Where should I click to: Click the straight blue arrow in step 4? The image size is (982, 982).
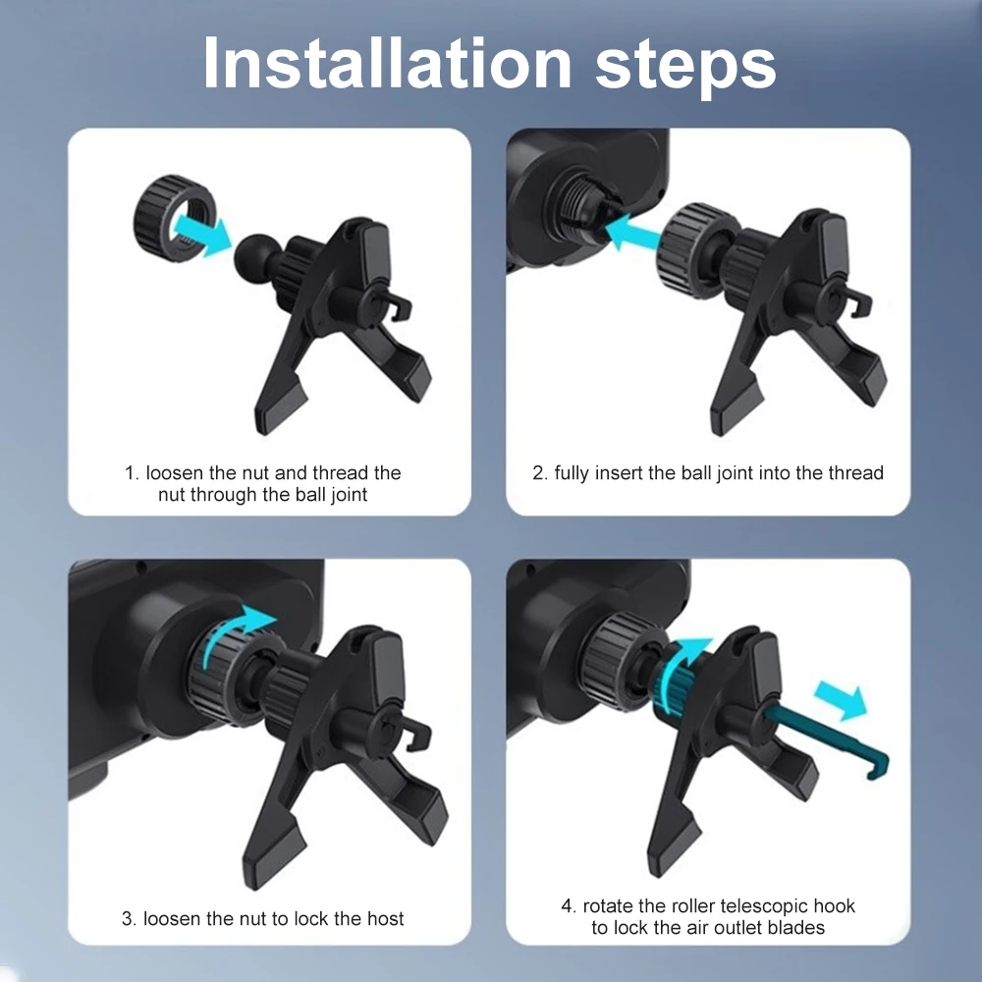pyautogui.click(x=846, y=699)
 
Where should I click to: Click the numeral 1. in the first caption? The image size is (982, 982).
pyautogui.click(x=132, y=473)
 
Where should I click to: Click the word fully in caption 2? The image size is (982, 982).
pyautogui.click(x=573, y=473)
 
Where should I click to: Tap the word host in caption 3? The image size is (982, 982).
pyautogui.click(x=384, y=919)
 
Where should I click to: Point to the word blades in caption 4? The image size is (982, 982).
pyautogui.click(x=796, y=927)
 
